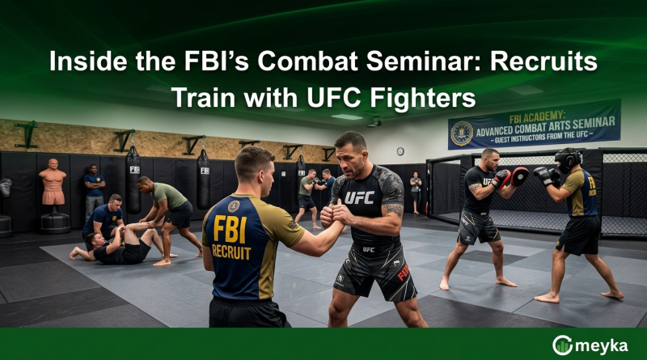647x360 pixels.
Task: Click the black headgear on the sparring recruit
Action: click(568, 159)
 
